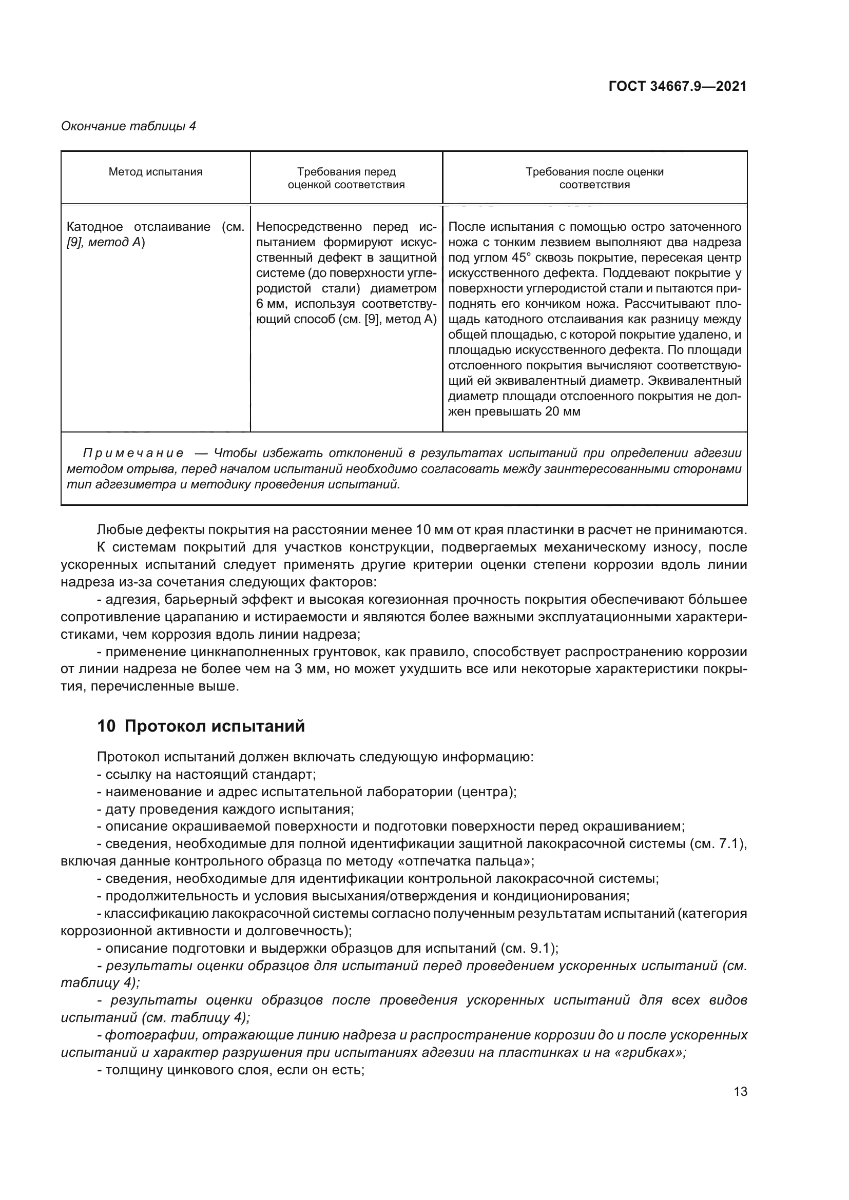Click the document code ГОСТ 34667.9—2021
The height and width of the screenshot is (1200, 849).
click(678, 86)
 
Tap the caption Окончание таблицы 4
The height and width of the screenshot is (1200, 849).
click(128, 126)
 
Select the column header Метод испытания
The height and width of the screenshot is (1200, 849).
click(155, 172)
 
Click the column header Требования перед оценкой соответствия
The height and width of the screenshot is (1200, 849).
click(346, 178)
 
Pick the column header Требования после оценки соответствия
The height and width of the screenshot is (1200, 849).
click(594, 178)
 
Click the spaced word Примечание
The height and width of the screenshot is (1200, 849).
click(133, 453)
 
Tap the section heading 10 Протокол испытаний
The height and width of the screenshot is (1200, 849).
click(201, 726)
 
